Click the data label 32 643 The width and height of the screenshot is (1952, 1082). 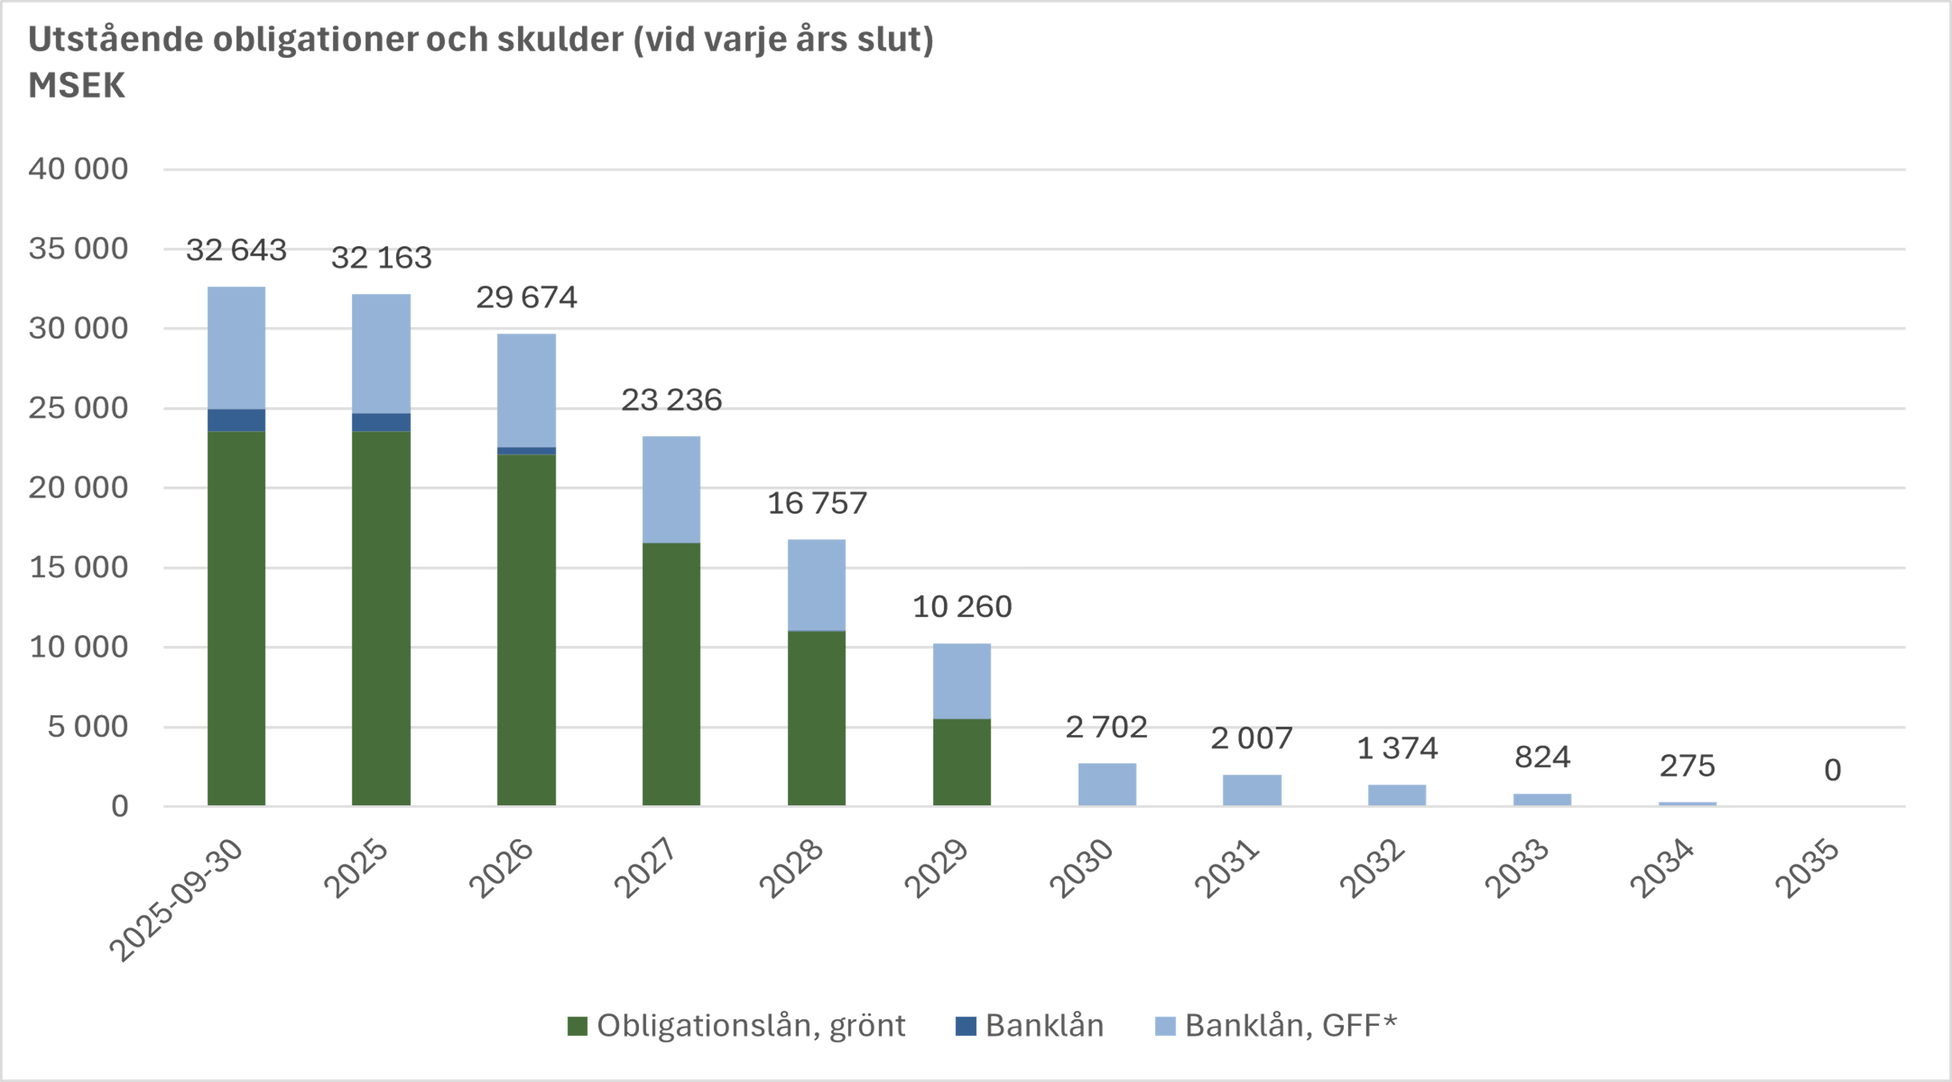click(x=236, y=250)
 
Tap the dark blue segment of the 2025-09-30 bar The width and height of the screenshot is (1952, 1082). click(x=236, y=420)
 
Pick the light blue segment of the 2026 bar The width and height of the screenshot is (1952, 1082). click(x=527, y=390)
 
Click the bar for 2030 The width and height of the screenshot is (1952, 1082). click(x=1107, y=784)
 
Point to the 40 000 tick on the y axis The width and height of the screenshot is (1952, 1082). click(x=78, y=169)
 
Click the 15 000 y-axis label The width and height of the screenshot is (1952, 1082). click(x=78, y=567)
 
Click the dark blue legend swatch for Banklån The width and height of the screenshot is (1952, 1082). click(x=966, y=1026)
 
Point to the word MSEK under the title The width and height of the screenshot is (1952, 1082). click(x=76, y=86)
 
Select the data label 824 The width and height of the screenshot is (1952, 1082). click(x=1542, y=757)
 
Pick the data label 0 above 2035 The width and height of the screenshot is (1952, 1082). click(x=1832, y=770)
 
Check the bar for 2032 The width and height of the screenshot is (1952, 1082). click(x=1397, y=794)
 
